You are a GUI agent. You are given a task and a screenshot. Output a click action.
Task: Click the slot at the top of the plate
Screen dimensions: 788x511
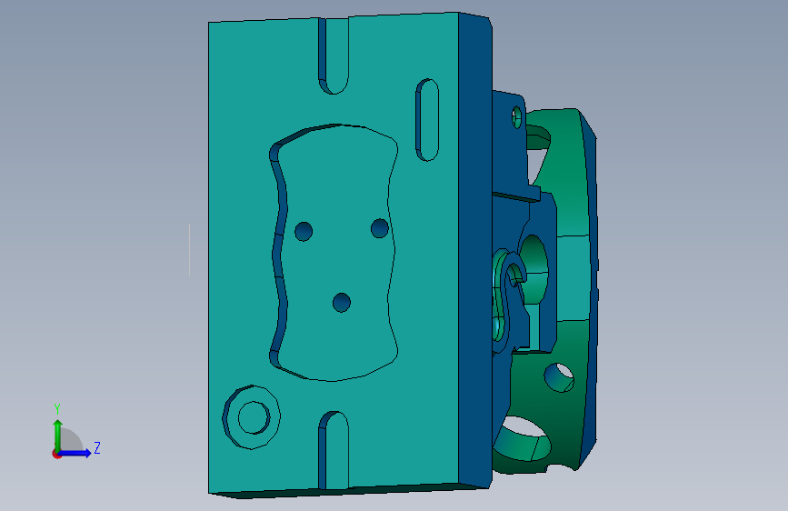tap(334, 55)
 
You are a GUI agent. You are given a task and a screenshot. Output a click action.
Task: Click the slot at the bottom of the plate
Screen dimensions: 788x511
tap(334, 451)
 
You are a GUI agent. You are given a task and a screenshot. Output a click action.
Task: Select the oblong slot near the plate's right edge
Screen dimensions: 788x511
tap(427, 120)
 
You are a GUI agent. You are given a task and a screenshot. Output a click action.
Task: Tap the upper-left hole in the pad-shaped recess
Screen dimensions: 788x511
tap(304, 231)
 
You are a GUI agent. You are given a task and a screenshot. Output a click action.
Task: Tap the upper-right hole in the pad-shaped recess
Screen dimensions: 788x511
tap(379, 228)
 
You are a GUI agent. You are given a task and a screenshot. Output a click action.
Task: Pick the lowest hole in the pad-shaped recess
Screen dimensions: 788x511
tap(342, 303)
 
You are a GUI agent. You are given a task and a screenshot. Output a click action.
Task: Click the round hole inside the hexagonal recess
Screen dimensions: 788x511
tap(254, 417)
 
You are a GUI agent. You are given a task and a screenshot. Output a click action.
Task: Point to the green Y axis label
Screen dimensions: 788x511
tap(57, 409)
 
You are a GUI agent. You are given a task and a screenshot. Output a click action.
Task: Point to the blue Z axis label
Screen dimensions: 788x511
tap(97, 447)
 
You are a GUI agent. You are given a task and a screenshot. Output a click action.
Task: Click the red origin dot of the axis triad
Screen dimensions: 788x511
tap(56, 454)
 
